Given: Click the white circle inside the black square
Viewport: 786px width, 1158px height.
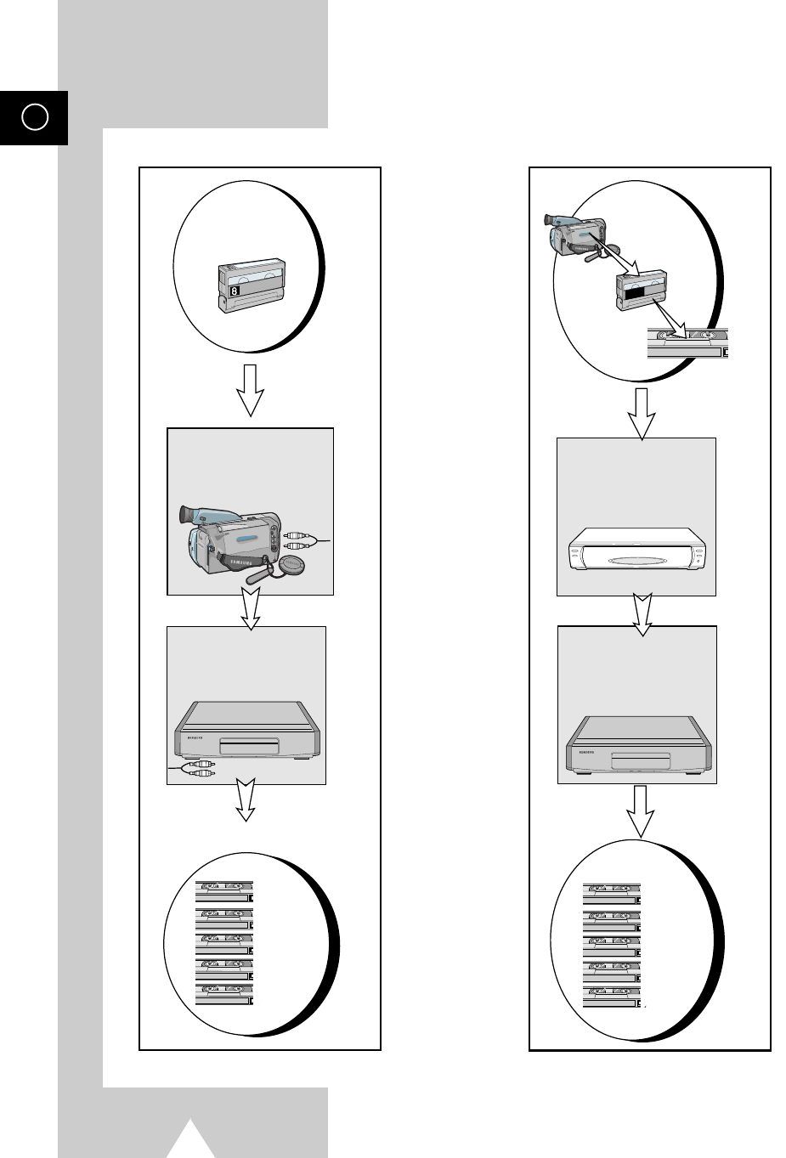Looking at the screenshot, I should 34,117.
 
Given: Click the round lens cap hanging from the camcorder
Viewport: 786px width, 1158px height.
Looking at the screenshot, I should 291,566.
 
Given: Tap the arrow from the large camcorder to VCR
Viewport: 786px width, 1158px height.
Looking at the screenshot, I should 250,610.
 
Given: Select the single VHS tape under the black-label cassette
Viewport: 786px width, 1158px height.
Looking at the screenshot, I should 687,344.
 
